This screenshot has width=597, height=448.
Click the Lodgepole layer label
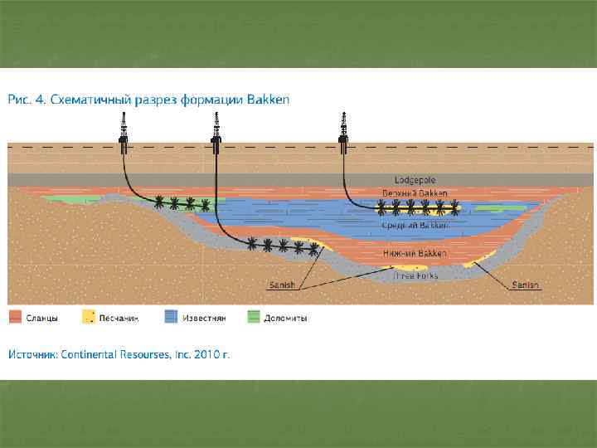tap(414, 180)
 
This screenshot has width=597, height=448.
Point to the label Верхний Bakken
tap(414, 193)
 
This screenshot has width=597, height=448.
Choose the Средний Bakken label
tap(414, 225)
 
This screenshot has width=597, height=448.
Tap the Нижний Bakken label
tap(415, 253)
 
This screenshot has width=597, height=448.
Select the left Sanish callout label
tap(282, 285)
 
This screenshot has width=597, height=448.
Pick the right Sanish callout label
tap(525, 285)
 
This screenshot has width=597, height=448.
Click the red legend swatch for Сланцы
tap(15, 317)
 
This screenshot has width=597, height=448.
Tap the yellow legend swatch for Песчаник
tap(88, 317)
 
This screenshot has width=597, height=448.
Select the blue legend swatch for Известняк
tap(171, 317)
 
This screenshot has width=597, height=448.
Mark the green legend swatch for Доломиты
tap(254, 317)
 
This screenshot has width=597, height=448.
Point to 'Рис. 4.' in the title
tap(26, 100)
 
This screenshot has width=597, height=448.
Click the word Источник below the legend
tap(33, 354)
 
